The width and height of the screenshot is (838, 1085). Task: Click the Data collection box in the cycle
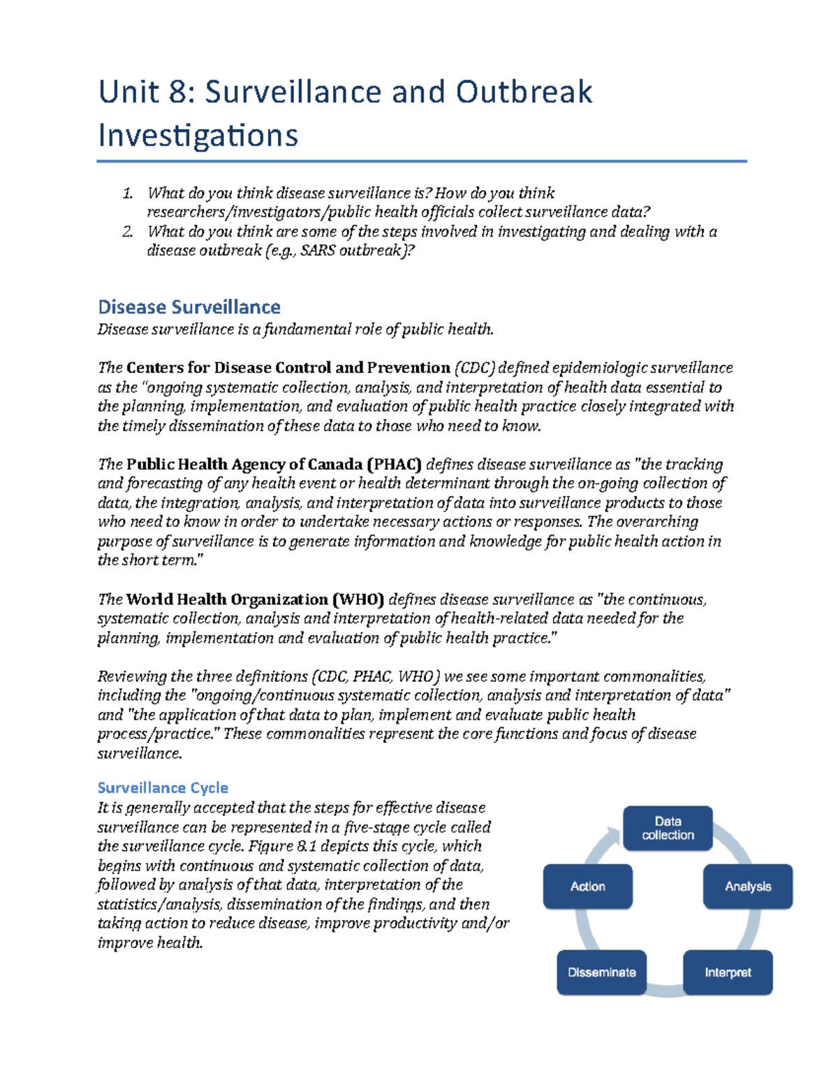pyautogui.click(x=668, y=829)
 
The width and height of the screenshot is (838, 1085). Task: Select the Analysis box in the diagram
pyautogui.click(x=747, y=887)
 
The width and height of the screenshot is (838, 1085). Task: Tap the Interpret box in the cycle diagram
pyautogui.click(x=728, y=973)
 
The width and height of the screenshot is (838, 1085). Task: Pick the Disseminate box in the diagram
pyautogui.click(x=601, y=973)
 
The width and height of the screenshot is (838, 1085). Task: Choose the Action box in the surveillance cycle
pyautogui.click(x=587, y=887)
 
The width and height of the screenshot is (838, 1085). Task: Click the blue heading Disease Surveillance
pyautogui.click(x=189, y=307)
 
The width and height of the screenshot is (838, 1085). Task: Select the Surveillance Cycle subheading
pyautogui.click(x=163, y=788)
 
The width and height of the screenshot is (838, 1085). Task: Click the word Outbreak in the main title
pyautogui.click(x=524, y=92)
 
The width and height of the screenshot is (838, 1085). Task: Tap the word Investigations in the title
pyautogui.click(x=198, y=136)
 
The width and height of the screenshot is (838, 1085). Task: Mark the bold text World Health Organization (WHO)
pyautogui.click(x=255, y=599)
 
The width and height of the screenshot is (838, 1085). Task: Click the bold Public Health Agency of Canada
pyautogui.click(x=244, y=465)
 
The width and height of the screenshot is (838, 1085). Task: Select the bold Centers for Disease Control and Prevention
pyautogui.click(x=288, y=368)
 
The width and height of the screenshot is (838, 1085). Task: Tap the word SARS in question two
pyautogui.click(x=318, y=251)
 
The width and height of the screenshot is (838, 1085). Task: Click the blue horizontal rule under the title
pyautogui.click(x=422, y=161)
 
